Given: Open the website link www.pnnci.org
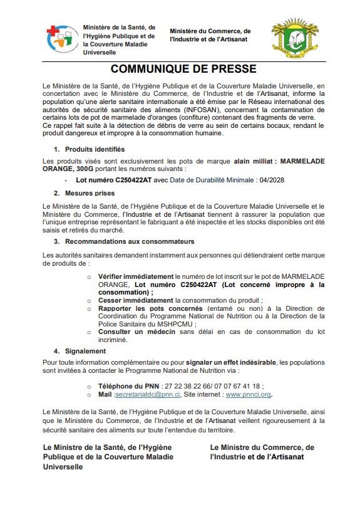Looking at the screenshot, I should click(x=248, y=395).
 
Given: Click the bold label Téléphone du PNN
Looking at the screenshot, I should click(x=128, y=386).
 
